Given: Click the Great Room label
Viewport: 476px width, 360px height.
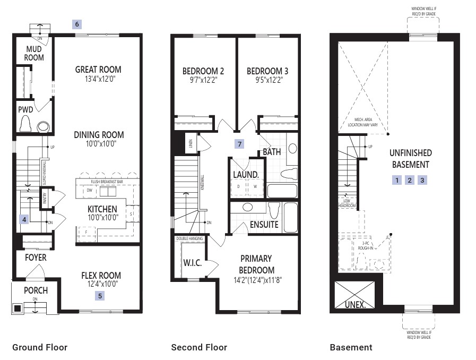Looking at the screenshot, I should coord(98,69).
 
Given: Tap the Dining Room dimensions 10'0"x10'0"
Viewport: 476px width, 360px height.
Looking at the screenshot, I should coord(98,143).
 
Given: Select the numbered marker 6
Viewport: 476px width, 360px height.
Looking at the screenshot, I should coord(77,24).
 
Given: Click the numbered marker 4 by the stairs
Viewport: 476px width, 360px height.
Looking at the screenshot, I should coord(23,218).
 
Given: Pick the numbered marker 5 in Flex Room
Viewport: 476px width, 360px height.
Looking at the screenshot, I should coord(100,296).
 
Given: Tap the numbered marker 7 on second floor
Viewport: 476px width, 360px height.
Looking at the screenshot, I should coord(240,144).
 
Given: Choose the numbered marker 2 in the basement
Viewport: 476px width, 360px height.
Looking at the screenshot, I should coord(410,180).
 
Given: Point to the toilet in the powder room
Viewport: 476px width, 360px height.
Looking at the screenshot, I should coord(25,125).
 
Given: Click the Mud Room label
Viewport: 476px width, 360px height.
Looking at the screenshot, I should coord(34,53).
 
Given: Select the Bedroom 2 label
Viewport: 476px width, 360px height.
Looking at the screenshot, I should coord(203,71).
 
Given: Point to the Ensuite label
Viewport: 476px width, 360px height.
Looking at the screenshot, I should coord(264,225).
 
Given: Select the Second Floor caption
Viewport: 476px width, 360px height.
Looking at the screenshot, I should coord(199,347).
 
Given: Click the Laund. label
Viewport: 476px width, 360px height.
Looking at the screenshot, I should coord(246,174).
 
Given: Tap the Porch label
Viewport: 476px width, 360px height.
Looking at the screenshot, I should coord(36,290).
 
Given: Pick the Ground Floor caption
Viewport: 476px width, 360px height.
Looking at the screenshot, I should coord(40,347).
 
